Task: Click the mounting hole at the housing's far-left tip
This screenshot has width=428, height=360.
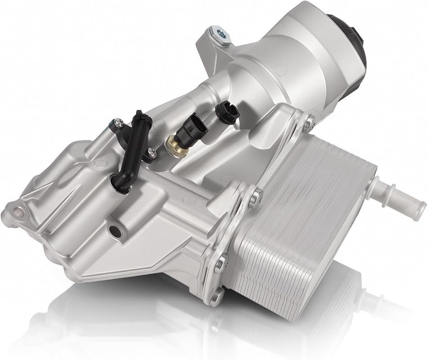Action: [18, 209]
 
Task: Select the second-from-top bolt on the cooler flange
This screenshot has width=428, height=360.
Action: [256, 195]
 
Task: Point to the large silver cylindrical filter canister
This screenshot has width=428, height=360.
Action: [288, 58]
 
